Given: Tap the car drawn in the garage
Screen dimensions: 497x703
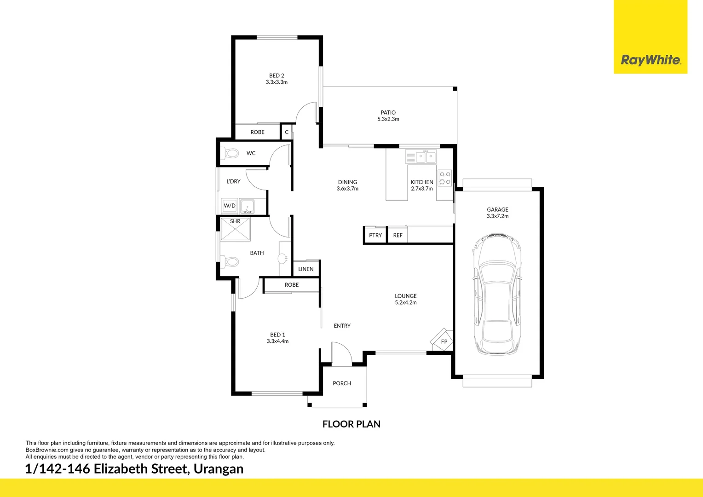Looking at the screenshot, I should tap(497, 295).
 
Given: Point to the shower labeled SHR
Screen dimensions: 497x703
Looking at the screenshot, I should tap(235, 230).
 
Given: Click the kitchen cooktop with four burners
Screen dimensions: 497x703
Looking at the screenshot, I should tap(444, 178).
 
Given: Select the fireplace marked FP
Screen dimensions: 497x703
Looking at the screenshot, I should tap(443, 341).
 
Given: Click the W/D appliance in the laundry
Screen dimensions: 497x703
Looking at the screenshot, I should tap(230, 206).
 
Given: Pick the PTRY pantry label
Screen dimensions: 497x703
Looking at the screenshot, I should tap(375, 235).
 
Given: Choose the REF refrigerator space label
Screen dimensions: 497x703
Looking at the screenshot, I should tap(398, 235).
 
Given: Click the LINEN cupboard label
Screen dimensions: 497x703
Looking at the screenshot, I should tap(305, 269).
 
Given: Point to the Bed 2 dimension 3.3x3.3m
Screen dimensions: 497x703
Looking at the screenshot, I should tap(277, 82).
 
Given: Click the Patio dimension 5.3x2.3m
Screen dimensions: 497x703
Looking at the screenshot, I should tap(388, 119).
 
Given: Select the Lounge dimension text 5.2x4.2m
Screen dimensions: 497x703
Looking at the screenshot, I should tap(405, 303).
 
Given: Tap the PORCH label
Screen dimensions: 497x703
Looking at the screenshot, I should tap(342, 383).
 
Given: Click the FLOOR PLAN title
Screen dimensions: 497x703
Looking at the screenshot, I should tap(351, 424).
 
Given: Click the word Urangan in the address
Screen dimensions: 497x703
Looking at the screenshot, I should tap(219, 469).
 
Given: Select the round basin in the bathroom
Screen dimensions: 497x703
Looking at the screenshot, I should tap(282, 259).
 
